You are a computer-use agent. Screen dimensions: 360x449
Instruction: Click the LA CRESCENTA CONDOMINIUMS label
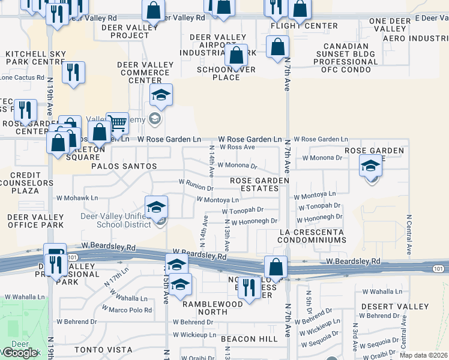click(312, 236)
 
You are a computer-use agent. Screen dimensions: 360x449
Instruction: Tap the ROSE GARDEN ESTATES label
click(260, 184)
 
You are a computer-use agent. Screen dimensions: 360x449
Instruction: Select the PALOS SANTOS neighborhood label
click(124, 166)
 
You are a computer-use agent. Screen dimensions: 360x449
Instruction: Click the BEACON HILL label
click(249, 339)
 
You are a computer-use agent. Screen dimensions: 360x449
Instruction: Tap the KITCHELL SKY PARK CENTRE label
click(35, 58)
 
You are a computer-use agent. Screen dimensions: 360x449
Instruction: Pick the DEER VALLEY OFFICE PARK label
click(35, 221)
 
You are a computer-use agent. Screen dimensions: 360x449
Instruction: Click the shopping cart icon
click(118, 122)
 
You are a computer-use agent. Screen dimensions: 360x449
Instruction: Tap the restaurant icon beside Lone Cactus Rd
click(73, 73)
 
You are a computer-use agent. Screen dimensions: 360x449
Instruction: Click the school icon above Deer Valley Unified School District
click(156, 208)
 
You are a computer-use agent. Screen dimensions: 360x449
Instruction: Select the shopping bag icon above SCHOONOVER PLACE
click(237, 55)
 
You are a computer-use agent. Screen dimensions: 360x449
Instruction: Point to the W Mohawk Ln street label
click(77, 197)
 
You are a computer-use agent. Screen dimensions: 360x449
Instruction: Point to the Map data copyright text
click(415, 355)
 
